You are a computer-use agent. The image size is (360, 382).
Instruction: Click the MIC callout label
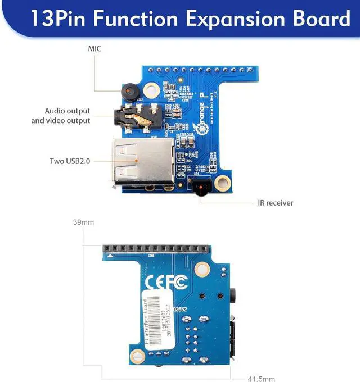coord(94,49)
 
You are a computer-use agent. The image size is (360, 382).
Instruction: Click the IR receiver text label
coord(276,203)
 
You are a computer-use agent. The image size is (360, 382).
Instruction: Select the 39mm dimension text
coord(83,222)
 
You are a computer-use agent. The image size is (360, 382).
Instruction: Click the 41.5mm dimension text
coord(262,378)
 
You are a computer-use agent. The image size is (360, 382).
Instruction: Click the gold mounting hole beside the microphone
coord(151,90)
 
